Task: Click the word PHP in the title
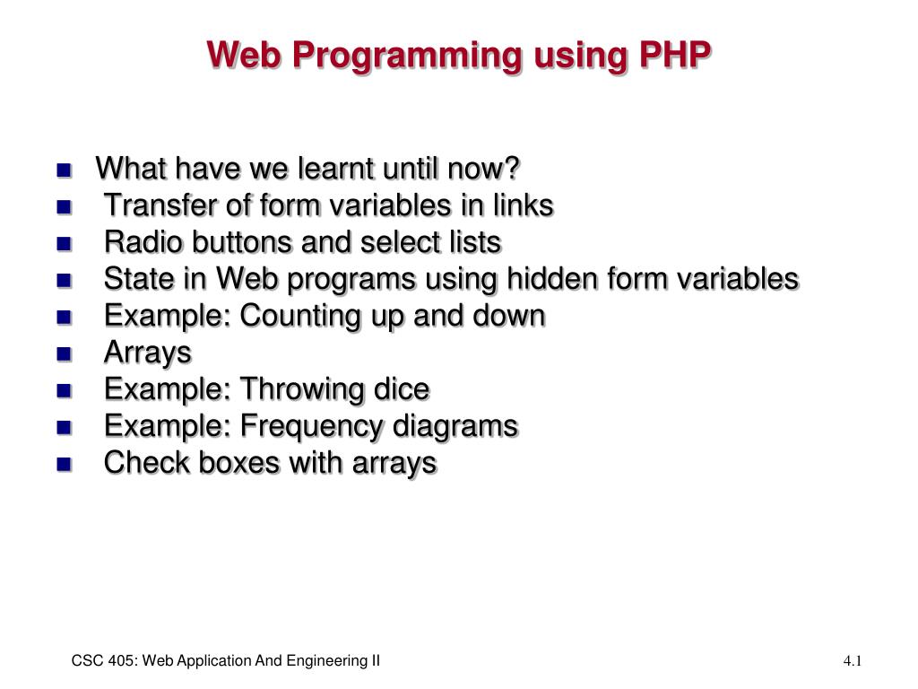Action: click(675, 55)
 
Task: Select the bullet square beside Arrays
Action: click(65, 353)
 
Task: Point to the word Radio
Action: click(143, 242)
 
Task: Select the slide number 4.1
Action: click(853, 661)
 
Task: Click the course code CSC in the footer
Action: click(84, 661)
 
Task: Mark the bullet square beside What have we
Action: click(65, 170)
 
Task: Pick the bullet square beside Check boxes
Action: click(65, 465)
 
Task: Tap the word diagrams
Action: click(455, 426)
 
